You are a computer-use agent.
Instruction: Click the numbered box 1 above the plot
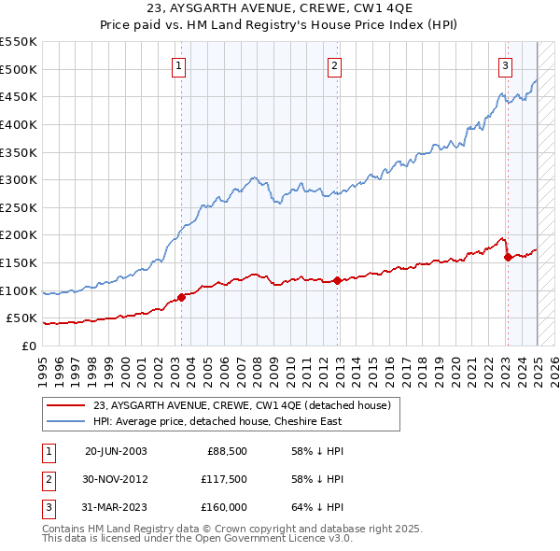point(178,65)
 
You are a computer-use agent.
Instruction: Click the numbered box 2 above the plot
point(334,65)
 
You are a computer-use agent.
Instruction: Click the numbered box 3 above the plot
point(504,65)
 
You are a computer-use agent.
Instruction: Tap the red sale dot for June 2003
point(182,297)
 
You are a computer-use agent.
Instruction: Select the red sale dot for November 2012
point(337,280)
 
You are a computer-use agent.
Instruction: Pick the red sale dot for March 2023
point(508,257)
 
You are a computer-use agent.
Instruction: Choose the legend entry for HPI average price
point(217,421)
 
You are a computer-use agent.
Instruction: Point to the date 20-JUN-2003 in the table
point(116,451)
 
